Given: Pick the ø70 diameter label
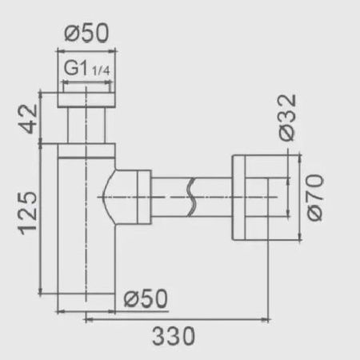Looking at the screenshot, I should [x=314, y=197].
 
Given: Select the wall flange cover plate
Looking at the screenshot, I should [x=240, y=197].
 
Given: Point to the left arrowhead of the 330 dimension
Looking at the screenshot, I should [x=87, y=318].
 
